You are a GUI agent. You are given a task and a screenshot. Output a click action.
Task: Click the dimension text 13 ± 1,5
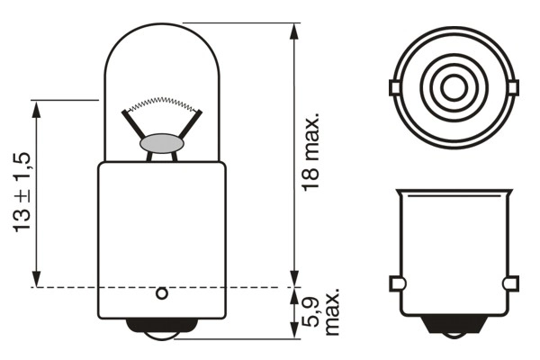tap(22, 193)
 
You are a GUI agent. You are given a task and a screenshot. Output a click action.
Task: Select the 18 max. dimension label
tap(312, 155)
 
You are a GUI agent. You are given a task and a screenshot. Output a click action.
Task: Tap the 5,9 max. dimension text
tap(322, 312)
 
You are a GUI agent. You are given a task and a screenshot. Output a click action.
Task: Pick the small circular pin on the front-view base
tap(162, 292)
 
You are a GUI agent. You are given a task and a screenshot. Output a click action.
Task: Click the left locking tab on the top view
tap(394, 86)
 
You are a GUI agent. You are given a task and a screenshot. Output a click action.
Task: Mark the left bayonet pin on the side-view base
tap(395, 284)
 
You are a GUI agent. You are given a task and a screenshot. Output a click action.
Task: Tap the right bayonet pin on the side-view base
tap(510, 284)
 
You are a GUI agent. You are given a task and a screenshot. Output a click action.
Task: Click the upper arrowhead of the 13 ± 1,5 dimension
tap(36, 108)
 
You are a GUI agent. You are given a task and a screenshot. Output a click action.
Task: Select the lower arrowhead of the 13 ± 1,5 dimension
tap(36, 280)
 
